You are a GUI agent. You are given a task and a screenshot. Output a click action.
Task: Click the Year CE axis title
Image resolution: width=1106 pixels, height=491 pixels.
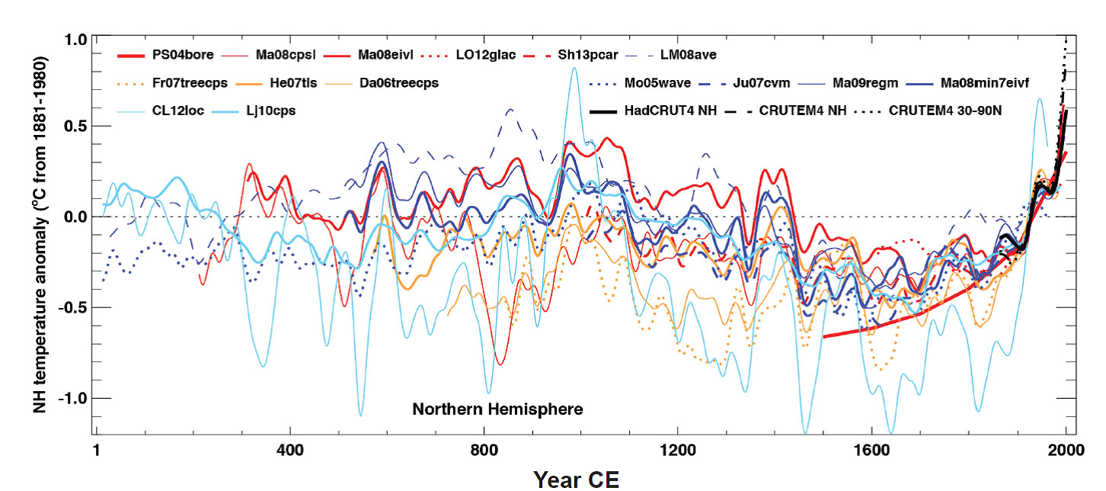(x=576, y=479)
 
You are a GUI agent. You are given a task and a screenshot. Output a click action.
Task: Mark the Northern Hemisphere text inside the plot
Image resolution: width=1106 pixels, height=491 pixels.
(x=497, y=410)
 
